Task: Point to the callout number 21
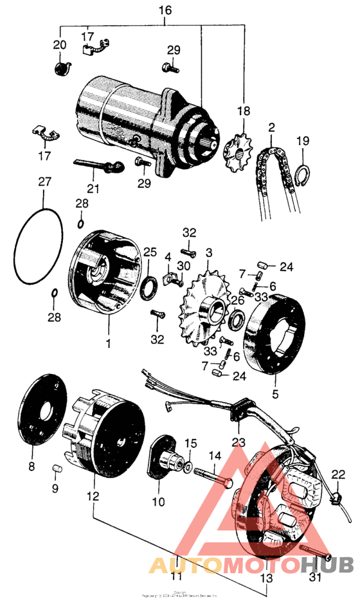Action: (94, 189)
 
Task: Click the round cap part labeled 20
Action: (60, 67)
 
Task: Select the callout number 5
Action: (276, 394)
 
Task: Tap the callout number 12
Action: (94, 497)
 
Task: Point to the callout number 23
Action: (239, 441)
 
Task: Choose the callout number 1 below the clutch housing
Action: (108, 343)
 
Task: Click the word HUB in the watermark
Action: (327, 566)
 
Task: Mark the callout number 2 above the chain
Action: (272, 128)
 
